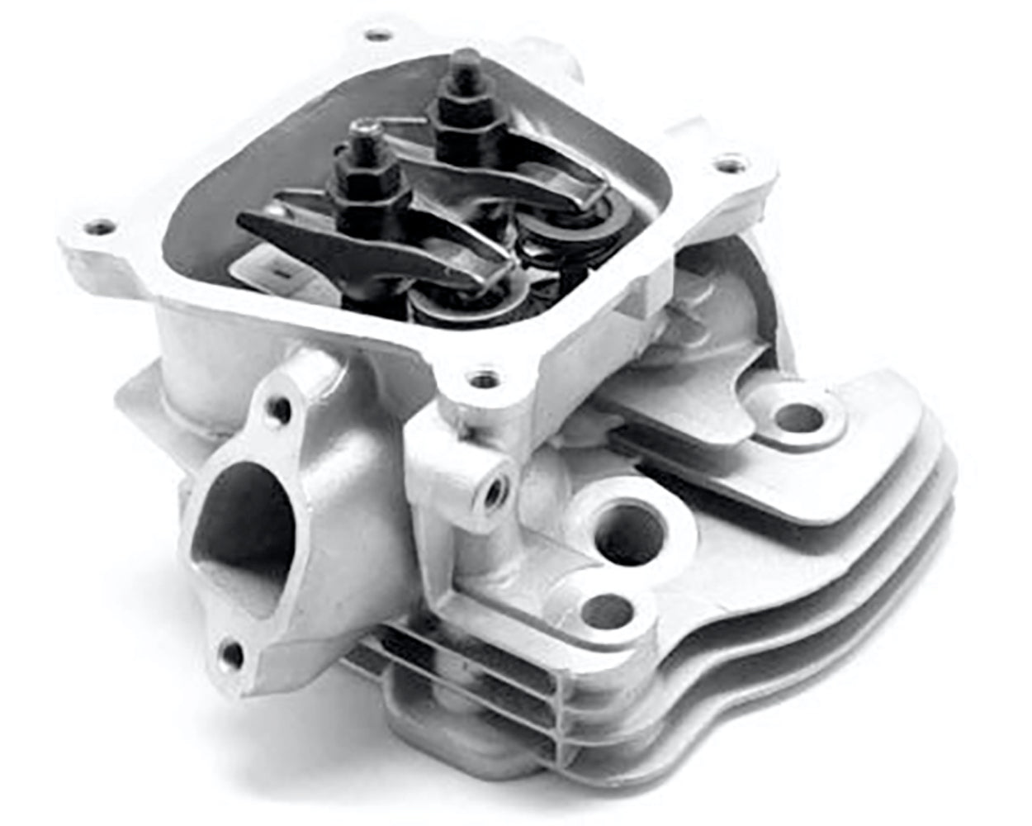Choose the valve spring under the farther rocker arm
[x=549, y=240]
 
